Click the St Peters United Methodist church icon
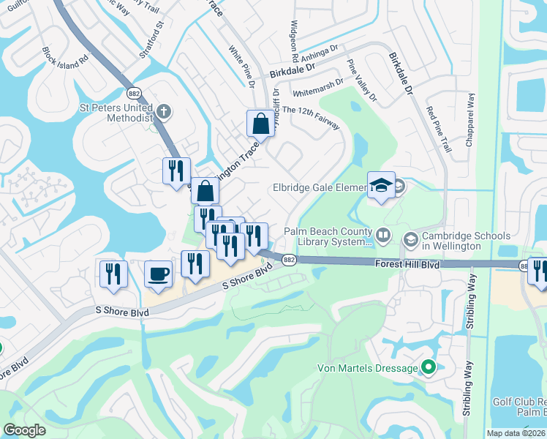click(x=165, y=112)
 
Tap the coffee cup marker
click(x=159, y=274)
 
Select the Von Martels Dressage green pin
click(x=429, y=368)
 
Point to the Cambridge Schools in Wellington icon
click(x=410, y=237)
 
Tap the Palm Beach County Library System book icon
click(x=385, y=236)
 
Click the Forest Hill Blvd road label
click(x=407, y=263)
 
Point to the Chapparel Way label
click(x=470, y=120)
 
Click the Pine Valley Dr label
click(x=362, y=80)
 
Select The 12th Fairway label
click(x=311, y=118)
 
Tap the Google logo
click(x=24, y=430)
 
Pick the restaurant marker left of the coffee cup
click(x=113, y=274)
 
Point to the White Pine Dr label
click(x=241, y=68)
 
